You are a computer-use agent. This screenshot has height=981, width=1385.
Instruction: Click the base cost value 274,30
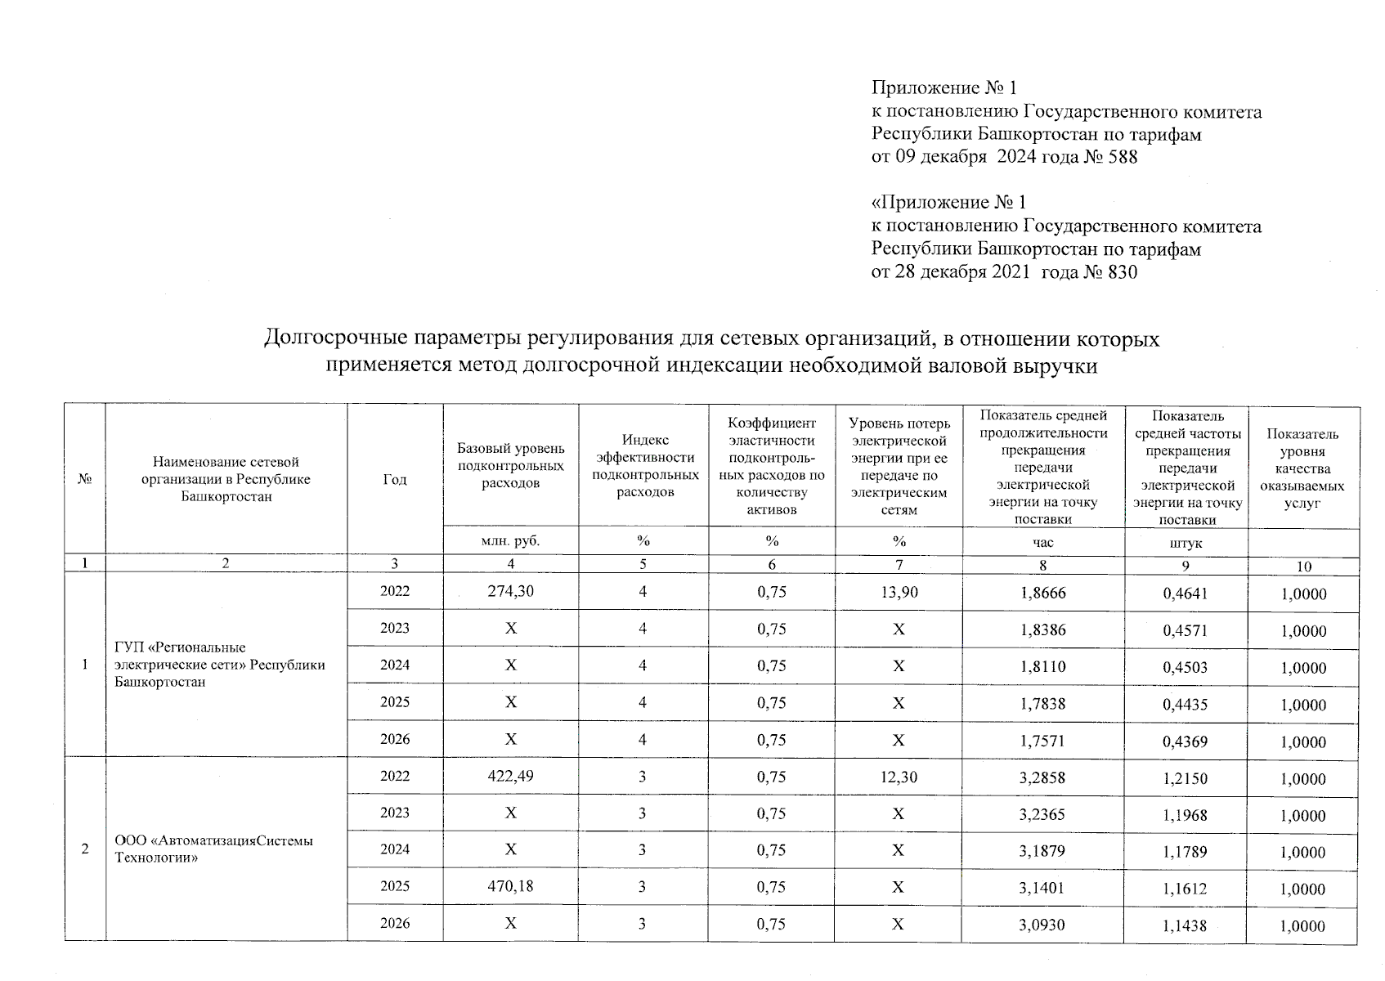511,591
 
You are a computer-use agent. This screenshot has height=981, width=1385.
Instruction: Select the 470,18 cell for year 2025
511,885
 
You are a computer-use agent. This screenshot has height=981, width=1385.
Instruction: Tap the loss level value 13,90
899,591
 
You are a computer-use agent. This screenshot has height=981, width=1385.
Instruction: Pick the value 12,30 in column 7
899,777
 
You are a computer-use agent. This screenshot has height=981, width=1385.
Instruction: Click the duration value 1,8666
1043,593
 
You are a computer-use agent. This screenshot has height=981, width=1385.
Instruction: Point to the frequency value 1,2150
1185,778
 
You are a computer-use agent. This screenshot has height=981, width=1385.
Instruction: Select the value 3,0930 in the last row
1042,924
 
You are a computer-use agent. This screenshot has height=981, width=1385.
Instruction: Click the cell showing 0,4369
1185,741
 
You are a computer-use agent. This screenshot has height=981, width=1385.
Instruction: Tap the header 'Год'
395,480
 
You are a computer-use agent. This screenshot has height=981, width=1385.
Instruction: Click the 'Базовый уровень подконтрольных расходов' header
511,465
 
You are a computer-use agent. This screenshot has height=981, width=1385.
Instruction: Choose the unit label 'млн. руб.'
511,540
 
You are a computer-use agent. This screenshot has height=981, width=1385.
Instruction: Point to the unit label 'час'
1043,542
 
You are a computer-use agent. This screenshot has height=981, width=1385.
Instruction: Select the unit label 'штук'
1186,543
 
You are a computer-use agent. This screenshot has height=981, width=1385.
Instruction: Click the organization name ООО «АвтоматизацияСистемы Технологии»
214,849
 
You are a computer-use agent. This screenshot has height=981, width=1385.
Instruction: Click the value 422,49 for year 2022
511,777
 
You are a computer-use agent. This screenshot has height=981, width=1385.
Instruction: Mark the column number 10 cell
1303,566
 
